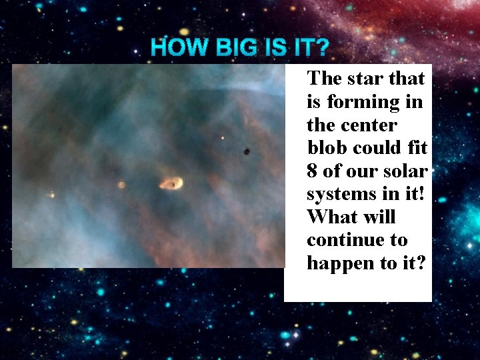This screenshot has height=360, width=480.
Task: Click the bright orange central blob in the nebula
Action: tap(171, 183)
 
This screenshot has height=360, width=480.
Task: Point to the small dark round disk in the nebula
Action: tap(247, 152)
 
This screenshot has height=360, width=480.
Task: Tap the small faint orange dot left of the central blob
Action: tap(121, 185)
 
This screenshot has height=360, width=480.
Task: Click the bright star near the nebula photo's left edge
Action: tap(52, 195)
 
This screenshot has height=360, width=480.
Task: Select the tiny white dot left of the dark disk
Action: tap(223, 139)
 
